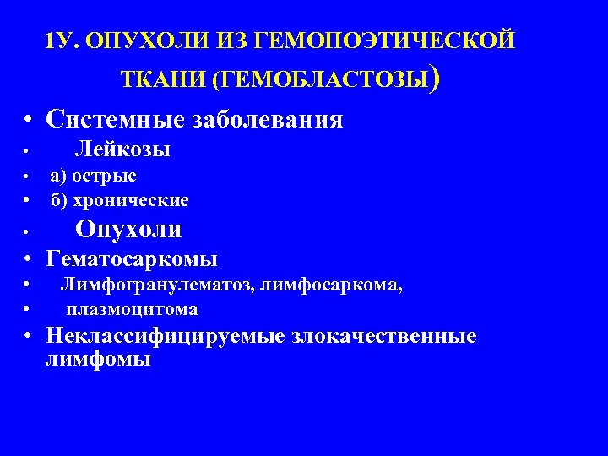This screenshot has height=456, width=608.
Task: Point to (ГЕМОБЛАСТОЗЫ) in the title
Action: coord(326,79)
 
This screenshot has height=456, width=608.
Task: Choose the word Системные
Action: coord(109,119)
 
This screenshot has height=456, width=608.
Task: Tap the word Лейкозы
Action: coord(122,150)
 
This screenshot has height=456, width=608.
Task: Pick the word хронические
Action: coord(131,200)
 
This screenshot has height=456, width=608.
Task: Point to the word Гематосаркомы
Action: coord(132,258)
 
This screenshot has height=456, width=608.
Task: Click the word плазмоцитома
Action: coord(133,309)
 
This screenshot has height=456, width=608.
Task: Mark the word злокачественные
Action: coord(384,336)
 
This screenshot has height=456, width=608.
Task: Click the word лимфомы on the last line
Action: coord(98,359)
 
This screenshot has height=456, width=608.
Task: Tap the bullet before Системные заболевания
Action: coord(29,120)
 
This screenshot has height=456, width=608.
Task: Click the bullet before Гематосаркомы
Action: coord(29,259)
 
